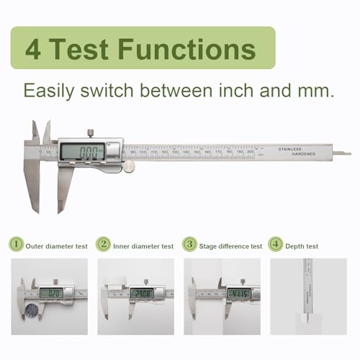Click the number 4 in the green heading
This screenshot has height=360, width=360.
pyautogui.click(x=34, y=49)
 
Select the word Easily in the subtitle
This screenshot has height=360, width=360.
pyautogui.click(x=50, y=91)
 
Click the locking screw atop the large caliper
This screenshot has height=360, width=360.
pyautogui.click(x=90, y=132)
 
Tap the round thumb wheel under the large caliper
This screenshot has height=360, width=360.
pyautogui.click(x=129, y=166)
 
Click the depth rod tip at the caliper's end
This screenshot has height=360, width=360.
pyautogui.click(x=346, y=153)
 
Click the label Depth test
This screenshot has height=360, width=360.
pyautogui.click(x=303, y=246)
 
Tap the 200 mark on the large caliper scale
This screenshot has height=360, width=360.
pyautogui.click(x=250, y=152)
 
